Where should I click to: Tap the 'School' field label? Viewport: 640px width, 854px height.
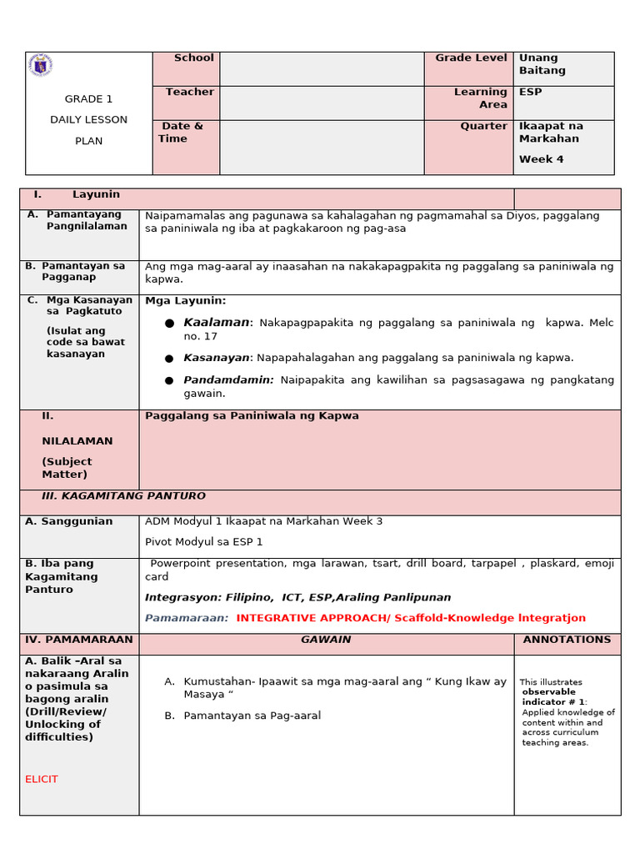193,58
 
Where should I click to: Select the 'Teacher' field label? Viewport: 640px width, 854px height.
189,93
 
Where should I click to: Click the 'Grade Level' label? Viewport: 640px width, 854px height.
471,58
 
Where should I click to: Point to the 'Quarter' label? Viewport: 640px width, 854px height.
483,127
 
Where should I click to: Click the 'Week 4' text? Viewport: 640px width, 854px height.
541,159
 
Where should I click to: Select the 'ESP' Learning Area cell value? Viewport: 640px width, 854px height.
530,93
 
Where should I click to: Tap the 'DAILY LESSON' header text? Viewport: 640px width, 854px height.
88,120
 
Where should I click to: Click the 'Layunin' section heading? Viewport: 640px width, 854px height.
96,194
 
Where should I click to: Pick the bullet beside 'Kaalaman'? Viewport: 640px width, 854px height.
170,323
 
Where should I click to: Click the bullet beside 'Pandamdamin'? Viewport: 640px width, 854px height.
170,380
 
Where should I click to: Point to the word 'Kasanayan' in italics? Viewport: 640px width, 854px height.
217,358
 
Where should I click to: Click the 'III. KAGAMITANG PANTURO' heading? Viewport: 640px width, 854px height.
123,496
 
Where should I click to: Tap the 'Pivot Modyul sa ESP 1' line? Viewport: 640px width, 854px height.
203,542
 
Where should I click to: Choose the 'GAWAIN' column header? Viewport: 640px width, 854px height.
326,640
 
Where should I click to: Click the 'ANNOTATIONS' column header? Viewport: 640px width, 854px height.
567,640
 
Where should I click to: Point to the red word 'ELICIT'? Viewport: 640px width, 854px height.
42,779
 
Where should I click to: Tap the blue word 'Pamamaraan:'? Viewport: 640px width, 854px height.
187,619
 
